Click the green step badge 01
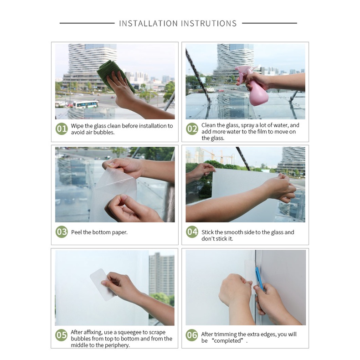click(62, 129)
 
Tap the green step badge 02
click(192, 129)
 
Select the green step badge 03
click(62, 232)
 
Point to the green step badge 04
click(192, 232)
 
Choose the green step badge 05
click(62, 335)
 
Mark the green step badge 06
click(192, 335)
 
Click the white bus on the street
click(85, 104)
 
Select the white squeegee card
click(102, 285)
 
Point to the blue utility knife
click(259, 278)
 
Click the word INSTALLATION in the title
click(148, 23)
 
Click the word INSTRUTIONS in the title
click(209, 23)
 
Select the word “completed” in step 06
click(227, 341)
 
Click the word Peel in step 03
click(76, 232)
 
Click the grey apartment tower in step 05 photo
click(161, 274)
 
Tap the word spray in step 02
click(247, 125)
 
